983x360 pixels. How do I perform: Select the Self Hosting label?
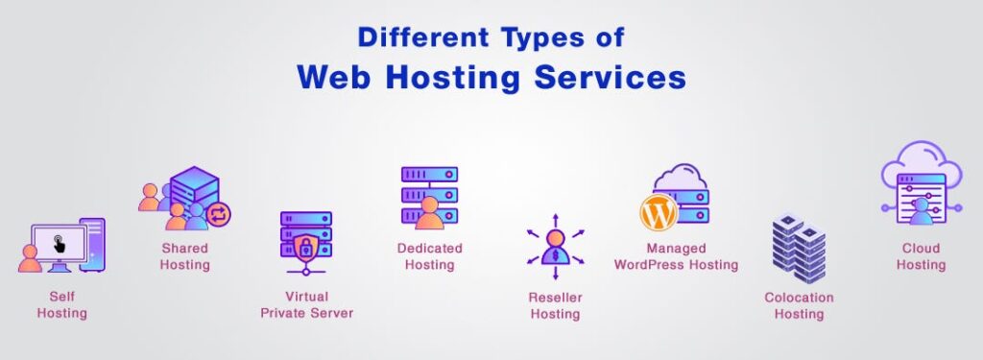pos(61,305)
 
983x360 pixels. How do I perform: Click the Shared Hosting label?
pos(184,256)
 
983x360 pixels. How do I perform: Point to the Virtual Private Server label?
pos(306,305)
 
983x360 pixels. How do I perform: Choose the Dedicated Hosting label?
pos(429,256)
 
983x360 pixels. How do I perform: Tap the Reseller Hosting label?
pos(555,305)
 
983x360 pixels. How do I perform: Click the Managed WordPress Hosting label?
pos(676,256)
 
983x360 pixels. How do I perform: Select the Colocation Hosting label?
pos(799,305)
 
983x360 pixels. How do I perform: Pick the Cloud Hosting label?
pos(921,256)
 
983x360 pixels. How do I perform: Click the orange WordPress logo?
pos(659,212)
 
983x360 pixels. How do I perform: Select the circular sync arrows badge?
pos(218,212)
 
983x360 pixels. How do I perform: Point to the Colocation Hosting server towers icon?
pos(799,248)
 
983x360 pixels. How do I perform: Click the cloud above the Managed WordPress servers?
pos(680,178)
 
